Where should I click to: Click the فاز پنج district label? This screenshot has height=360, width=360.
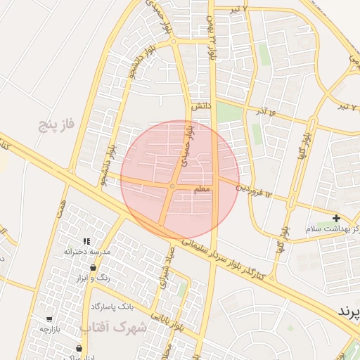[x=56, y=126]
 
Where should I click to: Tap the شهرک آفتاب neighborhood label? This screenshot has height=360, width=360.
[x=113, y=327]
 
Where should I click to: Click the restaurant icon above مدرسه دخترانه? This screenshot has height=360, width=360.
[x=86, y=241]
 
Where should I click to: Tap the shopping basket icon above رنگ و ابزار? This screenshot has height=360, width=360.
[x=93, y=268]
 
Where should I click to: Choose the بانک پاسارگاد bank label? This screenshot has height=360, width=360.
[x=112, y=307]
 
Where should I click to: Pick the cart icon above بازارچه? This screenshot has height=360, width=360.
[x=49, y=319]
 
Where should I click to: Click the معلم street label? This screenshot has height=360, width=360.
[x=203, y=190]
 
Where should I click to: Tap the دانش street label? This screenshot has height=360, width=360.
[x=202, y=105]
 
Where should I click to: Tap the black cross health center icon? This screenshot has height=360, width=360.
[x=336, y=219]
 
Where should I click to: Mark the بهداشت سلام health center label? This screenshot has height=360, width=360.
[x=333, y=229]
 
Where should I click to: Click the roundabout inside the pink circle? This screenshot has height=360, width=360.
[x=172, y=186]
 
